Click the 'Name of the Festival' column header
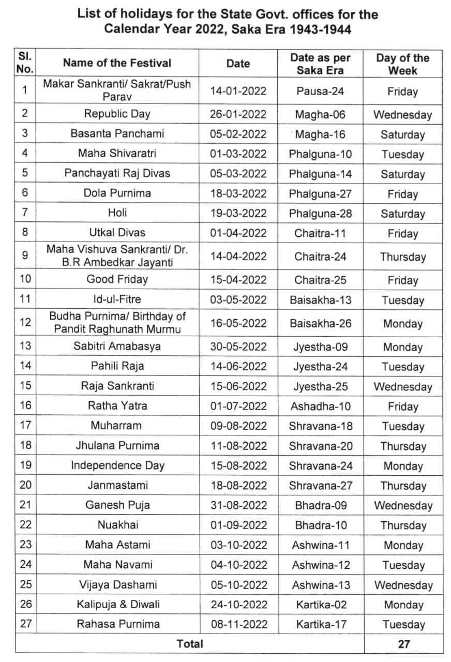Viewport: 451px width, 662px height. click(x=117, y=63)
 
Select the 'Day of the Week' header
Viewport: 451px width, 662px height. click(x=402, y=64)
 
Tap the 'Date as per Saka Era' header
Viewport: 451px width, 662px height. click(x=320, y=64)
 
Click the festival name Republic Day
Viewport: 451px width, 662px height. click(x=117, y=114)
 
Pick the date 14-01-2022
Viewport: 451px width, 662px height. click(x=238, y=92)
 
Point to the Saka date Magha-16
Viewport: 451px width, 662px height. click(x=320, y=134)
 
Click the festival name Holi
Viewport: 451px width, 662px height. click(x=117, y=213)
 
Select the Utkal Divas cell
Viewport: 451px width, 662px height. click(x=117, y=233)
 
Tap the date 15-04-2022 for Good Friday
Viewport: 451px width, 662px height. click(x=238, y=280)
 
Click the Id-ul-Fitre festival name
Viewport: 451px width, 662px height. click(x=117, y=299)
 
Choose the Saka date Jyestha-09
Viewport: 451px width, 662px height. click(x=320, y=347)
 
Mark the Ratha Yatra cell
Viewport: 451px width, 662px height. click(x=117, y=406)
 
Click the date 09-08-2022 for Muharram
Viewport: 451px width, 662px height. click(x=238, y=426)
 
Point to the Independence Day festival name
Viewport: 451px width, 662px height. click(x=117, y=465)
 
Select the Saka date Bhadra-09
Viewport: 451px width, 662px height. click(x=320, y=505)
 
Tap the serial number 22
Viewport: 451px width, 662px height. click(x=26, y=525)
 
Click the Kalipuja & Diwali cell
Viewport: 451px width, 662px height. click(x=117, y=604)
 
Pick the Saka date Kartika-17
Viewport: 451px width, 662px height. click(x=320, y=624)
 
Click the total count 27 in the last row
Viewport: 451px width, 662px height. click(x=403, y=644)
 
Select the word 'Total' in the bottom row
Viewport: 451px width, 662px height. click(x=190, y=644)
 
